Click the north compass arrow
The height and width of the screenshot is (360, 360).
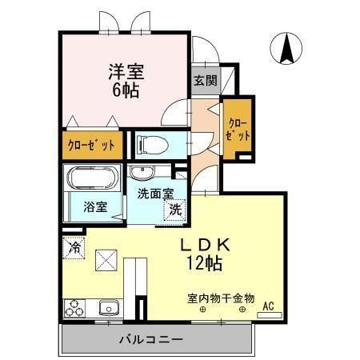pyautogui.click(x=286, y=50)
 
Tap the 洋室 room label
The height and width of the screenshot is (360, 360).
pyautogui.click(x=126, y=70)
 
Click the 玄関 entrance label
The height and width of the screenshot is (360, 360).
pyautogui.click(x=204, y=80)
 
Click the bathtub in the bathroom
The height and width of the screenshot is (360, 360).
pyautogui.click(x=92, y=178)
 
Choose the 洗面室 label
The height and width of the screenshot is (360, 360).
pyautogui.click(x=154, y=194)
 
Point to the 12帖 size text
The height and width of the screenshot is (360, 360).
pyautogui.click(x=206, y=262)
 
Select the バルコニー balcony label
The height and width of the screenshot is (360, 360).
pyautogui.click(x=151, y=340)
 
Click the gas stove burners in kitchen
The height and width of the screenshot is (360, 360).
pyautogui.click(x=75, y=308)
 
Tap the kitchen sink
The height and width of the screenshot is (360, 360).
pyautogui.click(x=108, y=308)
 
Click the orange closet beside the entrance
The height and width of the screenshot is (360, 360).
pyautogui.click(x=238, y=129)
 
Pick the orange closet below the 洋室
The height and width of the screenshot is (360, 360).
pyautogui.click(x=90, y=145)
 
